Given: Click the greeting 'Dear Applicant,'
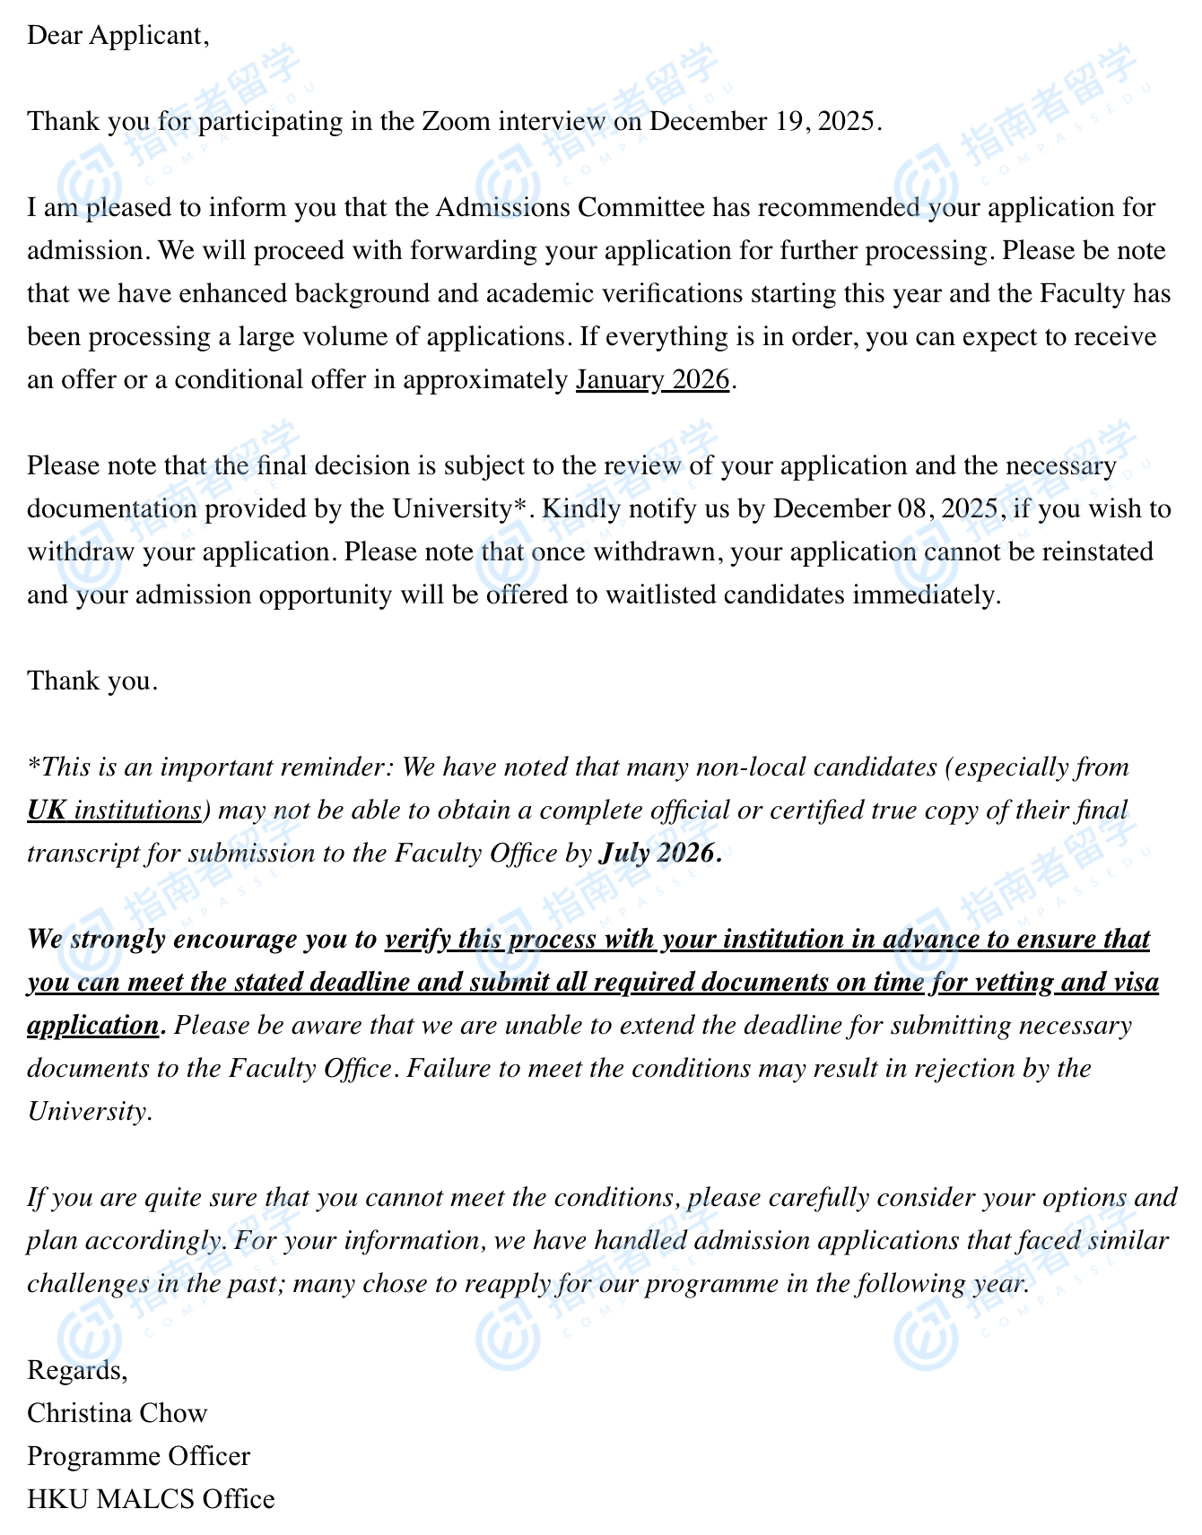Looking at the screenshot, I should click(118, 36).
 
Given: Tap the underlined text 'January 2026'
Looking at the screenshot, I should click(652, 380).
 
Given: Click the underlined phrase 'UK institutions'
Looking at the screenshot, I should click(115, 811).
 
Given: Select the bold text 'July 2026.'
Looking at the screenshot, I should click(659, 854).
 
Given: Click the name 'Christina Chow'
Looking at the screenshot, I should click(118, 1413).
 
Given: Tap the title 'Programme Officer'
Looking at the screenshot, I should click(139, 1456).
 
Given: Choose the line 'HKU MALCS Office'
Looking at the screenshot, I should click(151, 1499).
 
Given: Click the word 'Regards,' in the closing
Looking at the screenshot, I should click(78, 1370).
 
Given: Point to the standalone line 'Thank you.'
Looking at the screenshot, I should click(92, 681).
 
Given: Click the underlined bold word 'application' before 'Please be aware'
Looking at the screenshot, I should click(92, 1026).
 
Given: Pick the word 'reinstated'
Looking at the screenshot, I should click(1095, 552).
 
